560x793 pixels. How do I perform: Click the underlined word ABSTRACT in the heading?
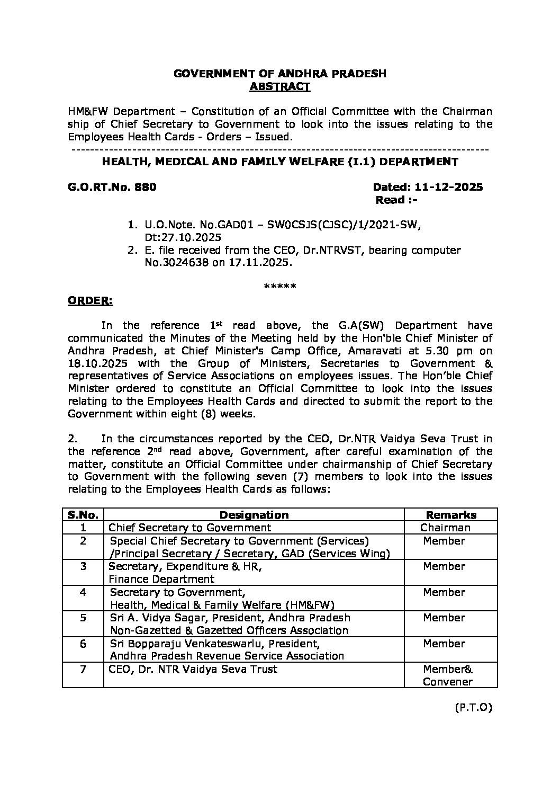pyautogui.click(x=279, y=87)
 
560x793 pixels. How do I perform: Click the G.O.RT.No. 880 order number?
pyautogui.click(x=112, y=187)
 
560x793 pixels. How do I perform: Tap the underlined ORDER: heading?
pyautogui.click(x=89, y=301)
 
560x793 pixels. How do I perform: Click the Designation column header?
pyautogui.click(x=254, y=515)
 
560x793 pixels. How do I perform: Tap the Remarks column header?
pyautogui.click(x=451, y=515)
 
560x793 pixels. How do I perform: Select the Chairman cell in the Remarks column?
pyautogui.click(x=445, y=528)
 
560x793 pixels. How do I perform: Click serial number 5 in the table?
pyautogui.click(x=83, y=618)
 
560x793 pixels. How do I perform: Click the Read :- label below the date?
pyautogui.click(x=396, y=200)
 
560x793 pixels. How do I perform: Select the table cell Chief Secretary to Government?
pyautogui.click(x=190, y=528)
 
